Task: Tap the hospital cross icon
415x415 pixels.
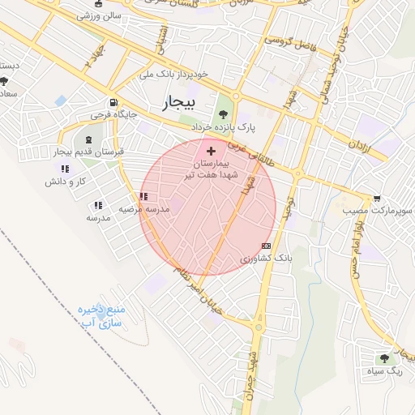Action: click(x=212, y=151)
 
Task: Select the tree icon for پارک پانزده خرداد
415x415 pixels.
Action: click(x=224, y=114)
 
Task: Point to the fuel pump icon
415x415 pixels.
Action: click(x=113, y=104)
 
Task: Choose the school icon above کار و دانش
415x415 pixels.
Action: click(x=65, y=169)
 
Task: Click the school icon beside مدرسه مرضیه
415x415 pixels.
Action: click(x=143, y=196)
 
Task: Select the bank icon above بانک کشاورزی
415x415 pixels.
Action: click(x=266, y=246)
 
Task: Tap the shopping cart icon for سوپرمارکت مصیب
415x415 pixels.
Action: click(x=377, y=198)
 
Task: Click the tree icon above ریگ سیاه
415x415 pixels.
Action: click(x=384, y=357)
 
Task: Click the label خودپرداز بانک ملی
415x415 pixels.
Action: click(x=173, y=74)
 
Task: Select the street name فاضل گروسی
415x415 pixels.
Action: click(x=288, y=39)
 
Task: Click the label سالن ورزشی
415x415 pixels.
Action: click(x=99, y=15)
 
